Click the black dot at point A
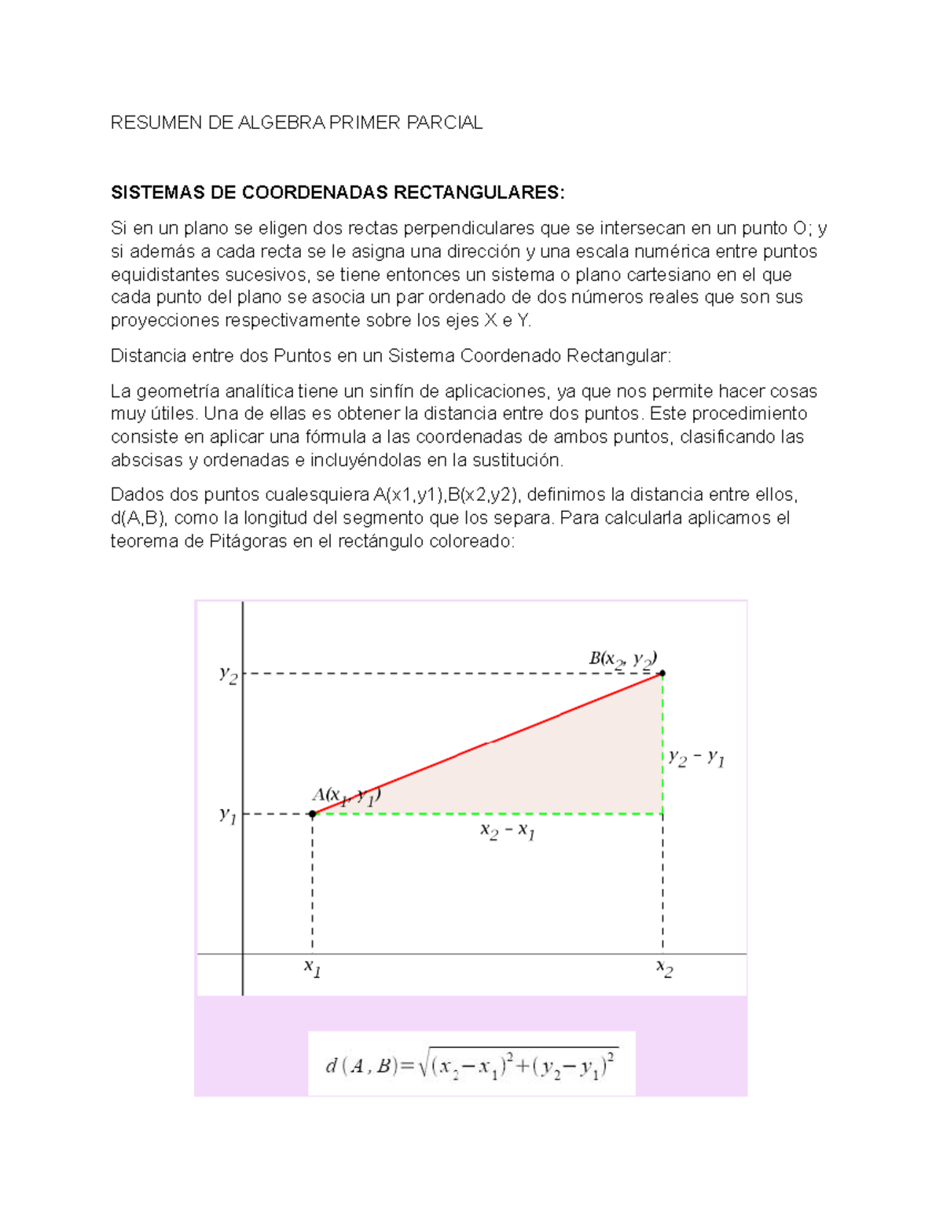point(313,814)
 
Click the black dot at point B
point(662,673)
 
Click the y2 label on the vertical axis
point(228,675)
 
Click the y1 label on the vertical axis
point(228,815)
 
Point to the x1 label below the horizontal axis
point(313,968)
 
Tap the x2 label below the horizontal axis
point(665,968)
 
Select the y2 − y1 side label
point(696,758)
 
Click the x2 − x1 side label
point(508,831)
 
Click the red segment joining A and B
point(487,743)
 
